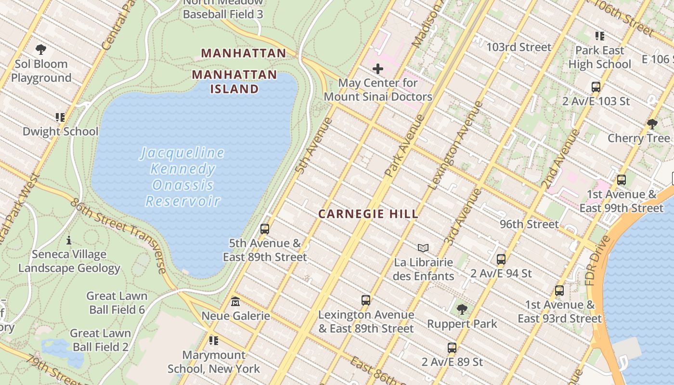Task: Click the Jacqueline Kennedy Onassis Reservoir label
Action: click(x=183, y=177)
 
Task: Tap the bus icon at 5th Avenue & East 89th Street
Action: click(x=264, y=229)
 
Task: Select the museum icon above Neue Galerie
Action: click(x=235, y=302)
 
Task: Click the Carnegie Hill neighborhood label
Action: click(x=368, y=214)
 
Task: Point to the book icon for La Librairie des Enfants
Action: click(x=423, y=248)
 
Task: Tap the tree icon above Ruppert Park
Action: click(x=462, y=309)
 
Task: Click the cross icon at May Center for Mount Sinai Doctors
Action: click(x=378, y=69)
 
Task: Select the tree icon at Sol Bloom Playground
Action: click(x=41, y=49)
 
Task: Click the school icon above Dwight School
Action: click(x=60, y=117)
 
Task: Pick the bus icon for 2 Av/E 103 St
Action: click(x=596, y=87)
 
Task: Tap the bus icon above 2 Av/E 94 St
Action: click(x=501, y=259)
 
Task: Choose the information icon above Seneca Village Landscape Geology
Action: click(x=69, y=240)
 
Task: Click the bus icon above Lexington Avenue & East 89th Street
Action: click(x=366, y=300)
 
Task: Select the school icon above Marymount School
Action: click(x=214, y=341)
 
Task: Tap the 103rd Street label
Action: click(x=518, y=47)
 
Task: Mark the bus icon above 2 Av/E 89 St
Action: click(x=452, y=347)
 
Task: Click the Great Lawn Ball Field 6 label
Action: click(x=117, y=302)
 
